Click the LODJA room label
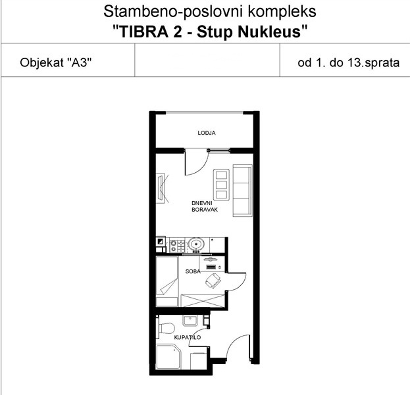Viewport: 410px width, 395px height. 207,133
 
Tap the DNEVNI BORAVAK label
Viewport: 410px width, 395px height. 205,206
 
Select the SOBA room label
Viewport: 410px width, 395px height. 193,271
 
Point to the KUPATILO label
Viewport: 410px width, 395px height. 188,337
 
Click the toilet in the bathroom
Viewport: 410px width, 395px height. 166,328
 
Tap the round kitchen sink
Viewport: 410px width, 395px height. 196,244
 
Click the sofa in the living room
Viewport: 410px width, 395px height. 243,191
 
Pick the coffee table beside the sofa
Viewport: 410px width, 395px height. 222,185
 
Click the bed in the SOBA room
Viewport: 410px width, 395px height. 167,281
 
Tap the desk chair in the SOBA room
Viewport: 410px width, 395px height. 213,281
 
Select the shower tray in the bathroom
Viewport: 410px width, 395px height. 168,357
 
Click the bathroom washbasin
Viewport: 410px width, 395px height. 191,321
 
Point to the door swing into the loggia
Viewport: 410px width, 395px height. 197,162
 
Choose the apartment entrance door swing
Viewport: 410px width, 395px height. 238,347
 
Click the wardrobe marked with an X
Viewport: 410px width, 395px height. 203,300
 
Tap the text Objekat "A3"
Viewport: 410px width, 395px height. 56,62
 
